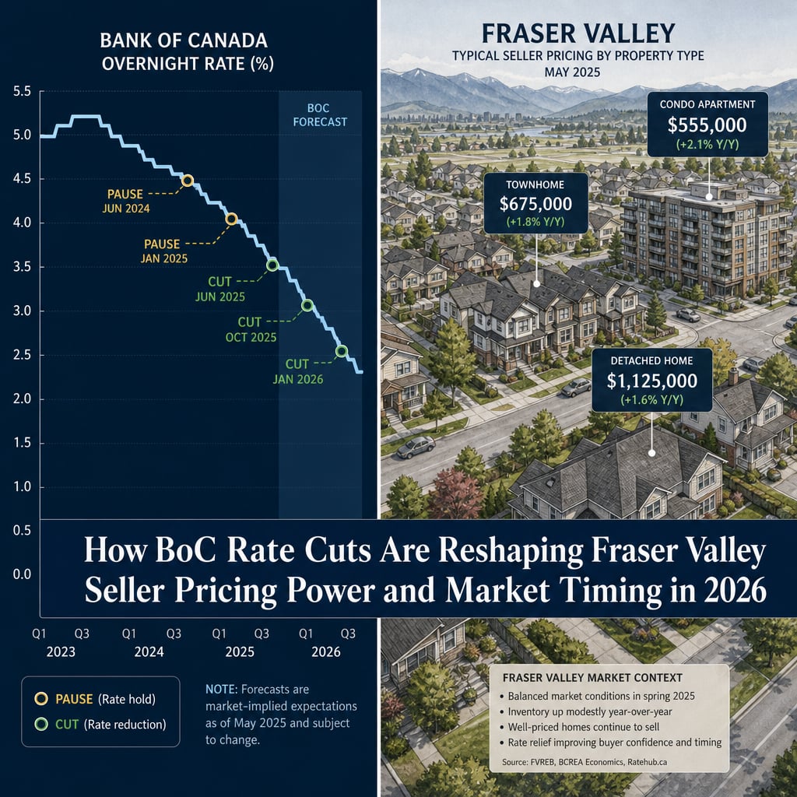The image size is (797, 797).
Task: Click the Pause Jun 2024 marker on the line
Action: pyautogui.click(x=188, y=181)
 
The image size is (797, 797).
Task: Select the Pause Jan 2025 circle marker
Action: pyautogui.click(x=231, y=219)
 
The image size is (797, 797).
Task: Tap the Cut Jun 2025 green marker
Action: pyautogui.click(x=272, y=265)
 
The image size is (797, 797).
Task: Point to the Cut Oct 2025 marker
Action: pyautogui.click(x=307, y=305)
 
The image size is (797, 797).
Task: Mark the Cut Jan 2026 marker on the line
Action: pyautogui.click(x=342, y=351)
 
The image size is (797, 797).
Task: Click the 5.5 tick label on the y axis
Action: pyautogui.click(x=22, y=92)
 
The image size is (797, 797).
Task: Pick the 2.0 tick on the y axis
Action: pyautogui.click(x=22, y=399)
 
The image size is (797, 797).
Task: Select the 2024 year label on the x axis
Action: pyautogui.click(x=149, y=651)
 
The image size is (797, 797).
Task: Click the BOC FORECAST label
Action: pyautogui.click(x=320, y=115)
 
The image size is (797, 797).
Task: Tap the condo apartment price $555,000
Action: pyautogui.click(x=707, y=125)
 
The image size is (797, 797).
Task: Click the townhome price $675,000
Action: pyautogui.click(x=535, y=204)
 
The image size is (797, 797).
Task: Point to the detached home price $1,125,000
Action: pyautogui.click(x=652, y=381)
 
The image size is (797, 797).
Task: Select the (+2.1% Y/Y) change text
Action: pyautogui.click(x=707, y=145)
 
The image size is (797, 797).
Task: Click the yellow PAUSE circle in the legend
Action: pyautogui.click(x=41, y=698)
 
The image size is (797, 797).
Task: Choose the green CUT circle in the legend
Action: pyautogui.click(x=41, y=724)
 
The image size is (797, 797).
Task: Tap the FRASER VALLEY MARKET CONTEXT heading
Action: pyautogui.click(x=592, y=678)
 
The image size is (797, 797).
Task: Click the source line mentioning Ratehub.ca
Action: pyautogui.click(x=585, y=762)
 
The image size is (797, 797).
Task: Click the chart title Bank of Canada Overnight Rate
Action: pyautogui.click(x=187, y=52)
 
